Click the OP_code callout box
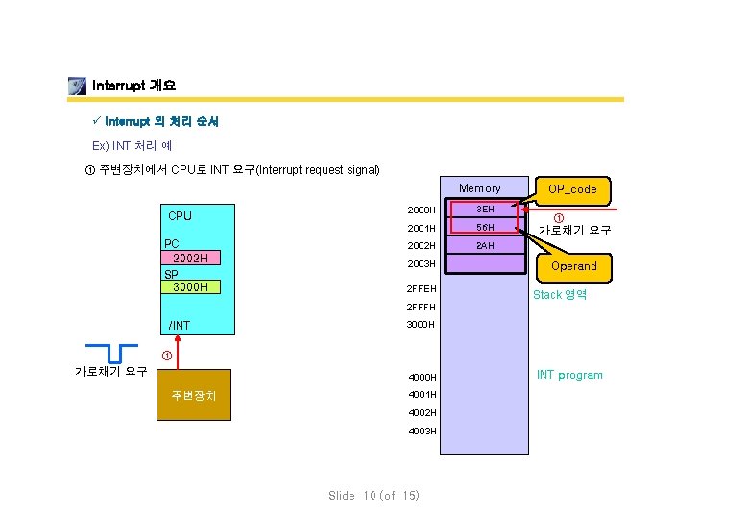573,189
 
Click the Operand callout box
573,266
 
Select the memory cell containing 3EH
485,210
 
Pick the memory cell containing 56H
485,228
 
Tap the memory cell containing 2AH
485,246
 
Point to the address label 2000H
422,210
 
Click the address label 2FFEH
422,289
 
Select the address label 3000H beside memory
422,325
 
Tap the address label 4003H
422,431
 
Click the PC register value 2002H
192,258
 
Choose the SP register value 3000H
192,286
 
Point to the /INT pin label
180,326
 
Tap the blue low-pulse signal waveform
110,352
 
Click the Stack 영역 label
560,295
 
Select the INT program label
569,375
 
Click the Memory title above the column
479,188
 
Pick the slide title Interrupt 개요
133,86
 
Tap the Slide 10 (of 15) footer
374,496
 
